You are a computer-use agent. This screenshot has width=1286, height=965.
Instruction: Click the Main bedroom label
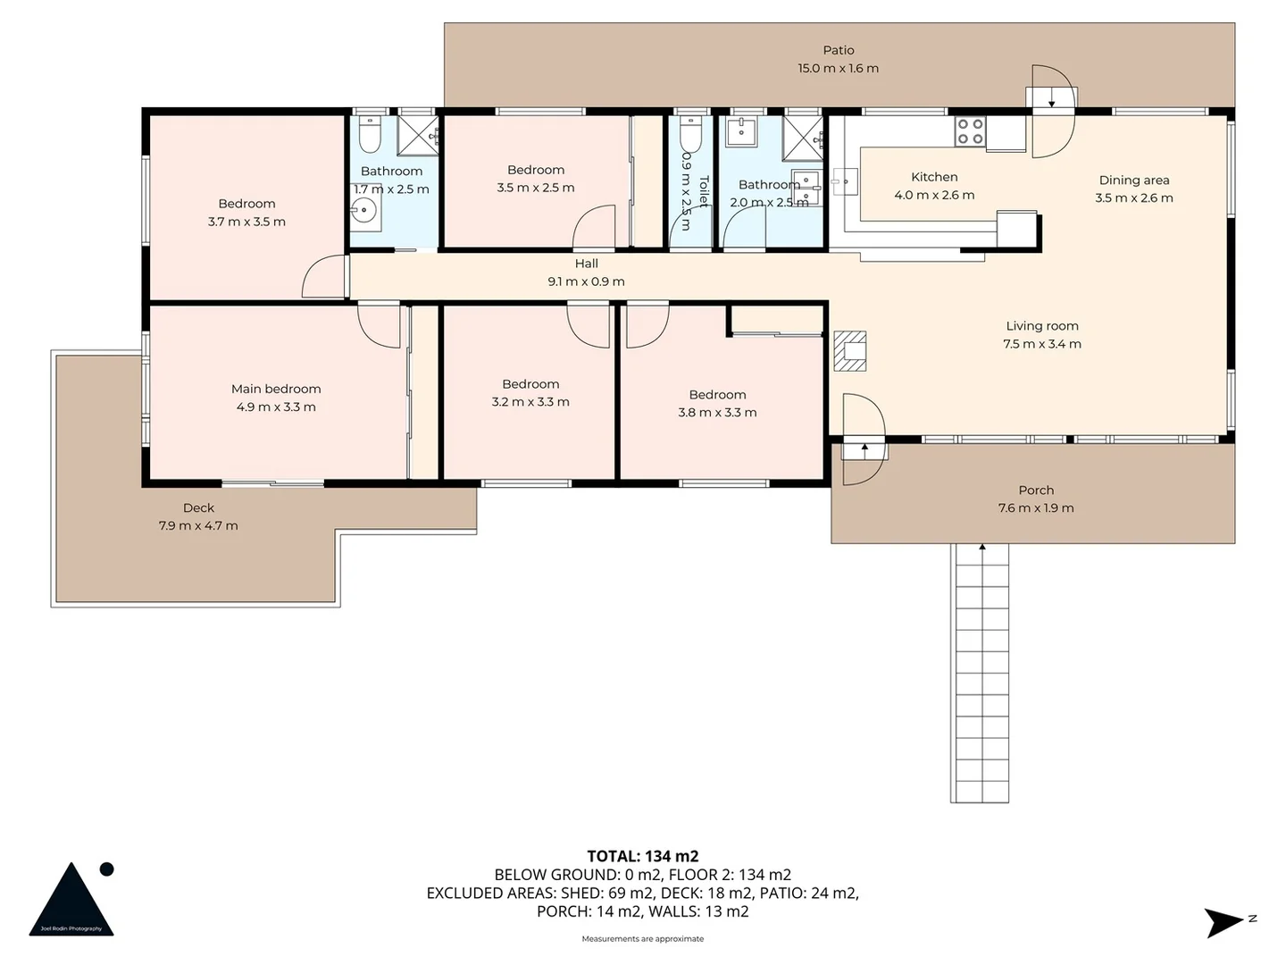(276, 389)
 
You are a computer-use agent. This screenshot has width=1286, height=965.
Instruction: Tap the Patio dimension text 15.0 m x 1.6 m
(838, 69)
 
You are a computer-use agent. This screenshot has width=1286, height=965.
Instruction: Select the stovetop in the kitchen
(970, 131)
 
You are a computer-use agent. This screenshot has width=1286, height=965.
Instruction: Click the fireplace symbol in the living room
(849, 350)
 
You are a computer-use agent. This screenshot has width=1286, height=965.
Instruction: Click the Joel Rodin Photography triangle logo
(71, 901)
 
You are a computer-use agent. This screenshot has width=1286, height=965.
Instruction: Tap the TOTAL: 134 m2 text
(642, 856)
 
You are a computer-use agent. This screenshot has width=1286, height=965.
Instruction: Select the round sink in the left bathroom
(365, 212)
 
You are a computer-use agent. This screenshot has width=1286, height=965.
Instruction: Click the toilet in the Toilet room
(690, 135)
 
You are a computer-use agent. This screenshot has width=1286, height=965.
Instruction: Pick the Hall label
(587, 264)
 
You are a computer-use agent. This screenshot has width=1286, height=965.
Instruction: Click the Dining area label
(1133, 180)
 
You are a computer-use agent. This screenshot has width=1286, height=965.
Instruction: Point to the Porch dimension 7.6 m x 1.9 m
(1036, 508)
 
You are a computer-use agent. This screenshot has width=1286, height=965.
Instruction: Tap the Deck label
(198, 508)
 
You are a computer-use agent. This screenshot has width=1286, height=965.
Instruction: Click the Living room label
(1041, 326)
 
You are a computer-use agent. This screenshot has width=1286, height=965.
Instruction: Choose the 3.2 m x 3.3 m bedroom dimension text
(530, 402)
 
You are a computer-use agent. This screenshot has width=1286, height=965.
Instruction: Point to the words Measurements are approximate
(642, 939)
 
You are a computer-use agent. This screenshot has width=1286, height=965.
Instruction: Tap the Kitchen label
(934, 178)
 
